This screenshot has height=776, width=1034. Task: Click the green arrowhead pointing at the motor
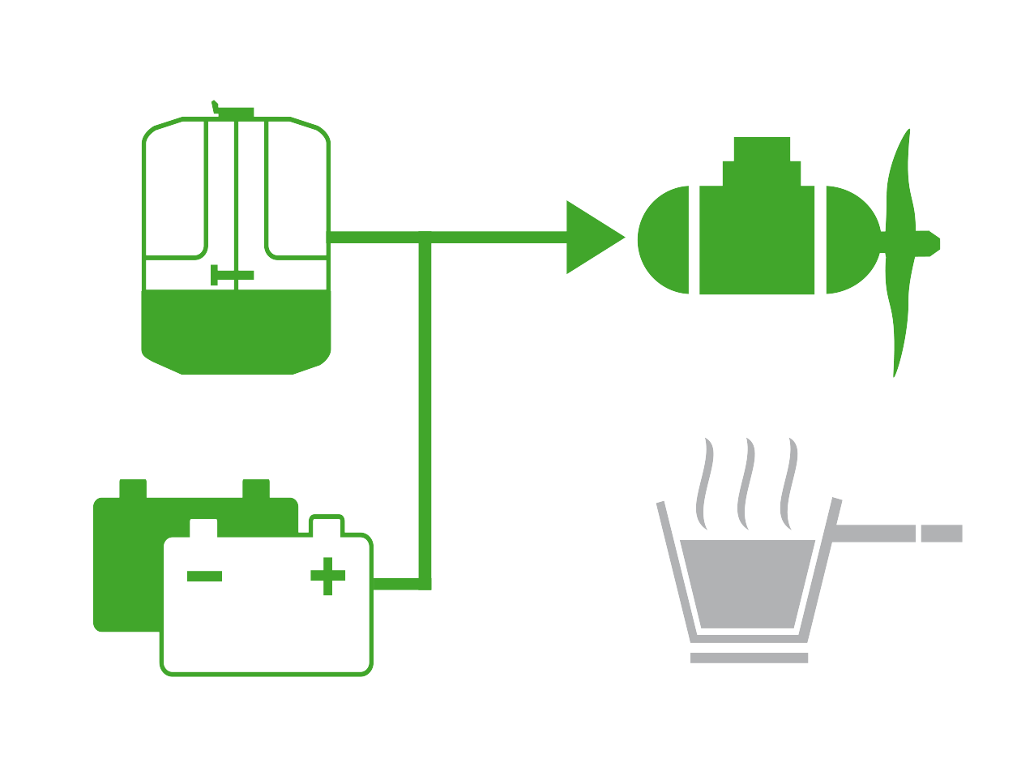pos(590,237)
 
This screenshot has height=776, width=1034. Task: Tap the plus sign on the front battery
pos(327,576)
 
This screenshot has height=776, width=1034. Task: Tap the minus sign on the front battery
pos(204,576)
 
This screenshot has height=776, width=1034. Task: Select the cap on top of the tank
pos(235,111)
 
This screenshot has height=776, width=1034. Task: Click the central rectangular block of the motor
pos(756,243)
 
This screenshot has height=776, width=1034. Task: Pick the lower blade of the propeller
pos(899,324)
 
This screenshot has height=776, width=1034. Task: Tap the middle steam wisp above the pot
pos(746,483)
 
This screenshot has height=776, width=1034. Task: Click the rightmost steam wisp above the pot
pos(788,483)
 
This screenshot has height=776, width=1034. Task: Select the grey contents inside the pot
pos(747,582)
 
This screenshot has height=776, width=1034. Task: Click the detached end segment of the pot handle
pos(942,533)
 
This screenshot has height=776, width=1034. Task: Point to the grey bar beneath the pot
pos(749,658)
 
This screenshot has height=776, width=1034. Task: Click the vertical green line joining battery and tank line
pos(425,405)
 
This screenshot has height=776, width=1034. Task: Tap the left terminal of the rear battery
pos(133,488)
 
